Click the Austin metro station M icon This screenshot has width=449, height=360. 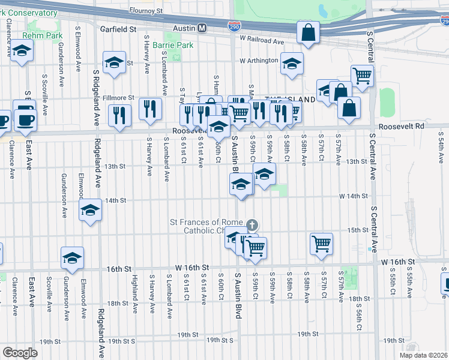(x=202, y=28)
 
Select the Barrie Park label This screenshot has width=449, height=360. (x=173, y=45)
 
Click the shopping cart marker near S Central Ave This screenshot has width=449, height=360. (x=362, y=76)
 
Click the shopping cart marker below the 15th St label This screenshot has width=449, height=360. (x=322, y=244)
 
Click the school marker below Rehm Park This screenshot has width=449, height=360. (x=22, y=53)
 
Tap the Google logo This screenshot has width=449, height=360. (x=20, y=352)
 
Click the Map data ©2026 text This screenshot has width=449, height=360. (x=423, y=355)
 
